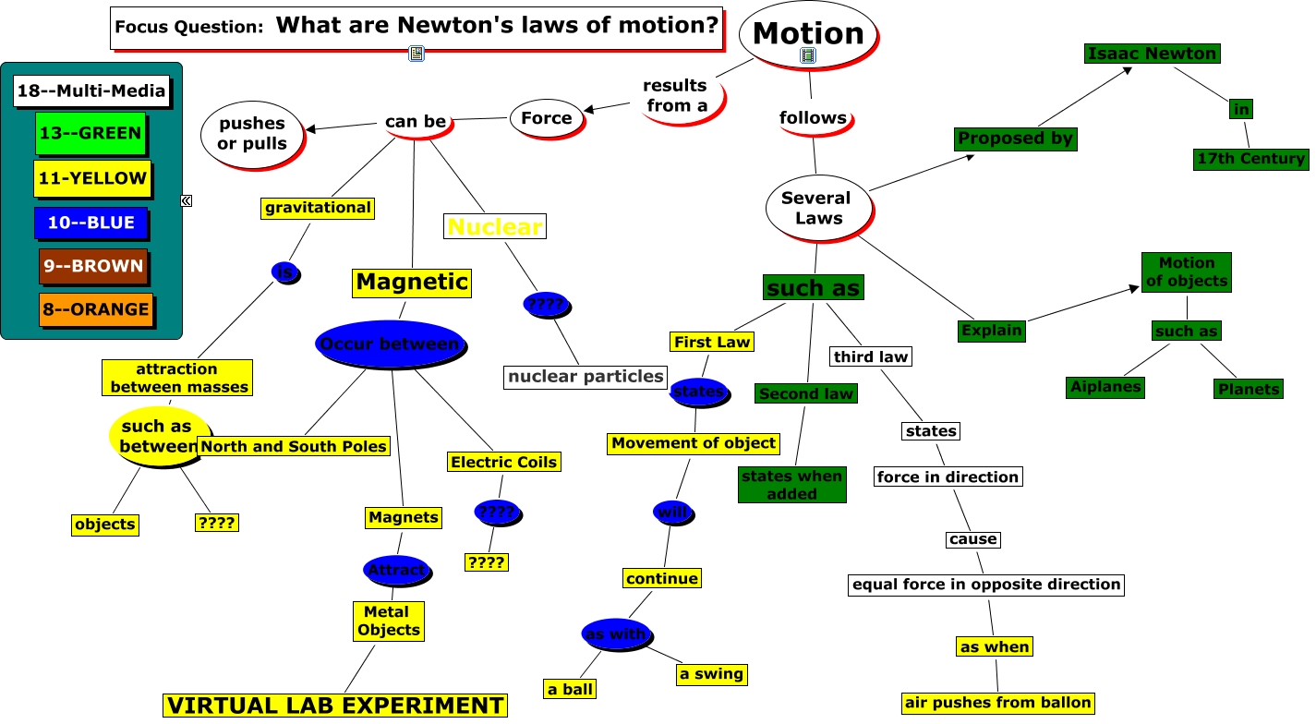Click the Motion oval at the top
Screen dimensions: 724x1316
[808, 33]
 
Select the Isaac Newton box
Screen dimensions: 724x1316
[1152, 54]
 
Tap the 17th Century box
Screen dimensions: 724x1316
[1250, 159]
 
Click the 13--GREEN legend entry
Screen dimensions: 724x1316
[91, 133]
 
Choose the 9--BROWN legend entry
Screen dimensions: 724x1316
[93, 266]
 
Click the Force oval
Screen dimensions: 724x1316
[547, 118]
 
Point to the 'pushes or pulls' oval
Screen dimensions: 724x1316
[252, 134]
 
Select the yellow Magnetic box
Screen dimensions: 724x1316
[412, 282]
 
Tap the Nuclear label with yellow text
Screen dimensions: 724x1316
[494, 226]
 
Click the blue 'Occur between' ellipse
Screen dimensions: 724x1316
[389, 344]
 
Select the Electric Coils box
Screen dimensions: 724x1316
[503, 462]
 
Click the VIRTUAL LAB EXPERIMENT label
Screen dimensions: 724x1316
[335, 706]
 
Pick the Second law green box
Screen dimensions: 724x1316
[806, 394]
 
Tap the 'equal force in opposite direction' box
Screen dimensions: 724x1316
[986, 585]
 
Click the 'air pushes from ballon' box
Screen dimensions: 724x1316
[997, 703]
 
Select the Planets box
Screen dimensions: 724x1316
[1249, 389]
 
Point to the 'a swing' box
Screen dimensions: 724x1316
[711, 674]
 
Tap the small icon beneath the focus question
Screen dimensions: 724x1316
[416, 54]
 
